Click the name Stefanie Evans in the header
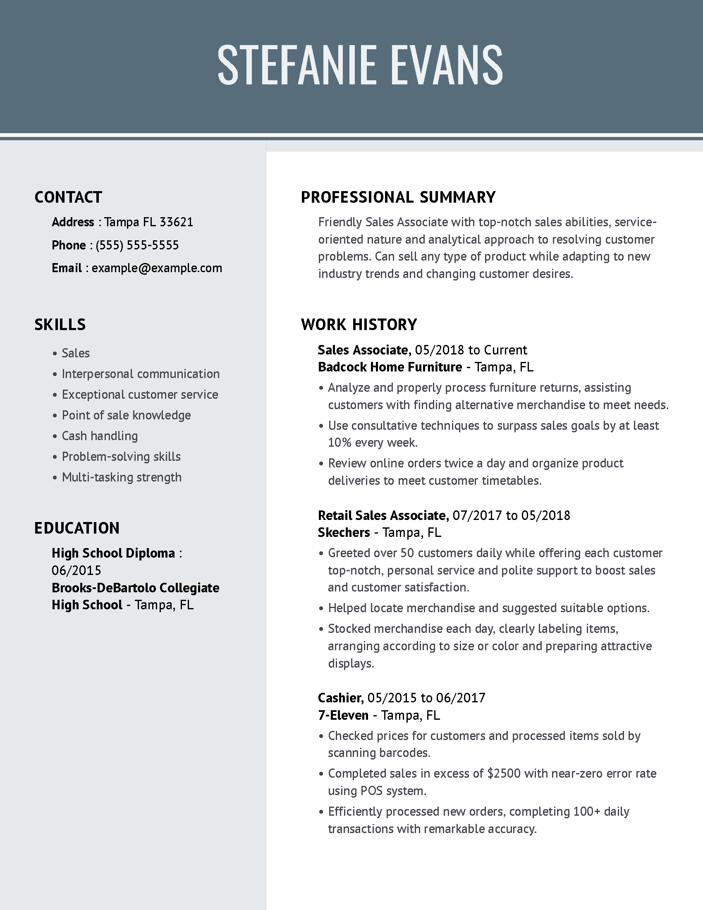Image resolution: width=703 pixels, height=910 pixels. coord(360,65)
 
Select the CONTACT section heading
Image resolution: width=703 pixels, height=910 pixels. coord(68,197)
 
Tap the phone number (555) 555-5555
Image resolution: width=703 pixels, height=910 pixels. coord(137,245)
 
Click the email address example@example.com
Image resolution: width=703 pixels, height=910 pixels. coord(157,268)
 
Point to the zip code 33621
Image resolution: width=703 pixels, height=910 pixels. coord(177,222)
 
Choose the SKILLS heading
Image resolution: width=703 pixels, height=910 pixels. coord(60,325)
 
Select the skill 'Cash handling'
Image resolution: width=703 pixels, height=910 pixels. coord(100,436)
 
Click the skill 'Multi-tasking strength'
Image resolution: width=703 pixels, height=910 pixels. coord(122,477)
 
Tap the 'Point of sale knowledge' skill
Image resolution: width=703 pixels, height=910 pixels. coord(126,415)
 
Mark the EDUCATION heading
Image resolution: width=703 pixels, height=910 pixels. coord(77,528)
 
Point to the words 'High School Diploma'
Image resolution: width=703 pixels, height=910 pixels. coord(113,553)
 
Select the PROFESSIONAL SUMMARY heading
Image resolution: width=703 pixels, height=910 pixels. coord(398,197)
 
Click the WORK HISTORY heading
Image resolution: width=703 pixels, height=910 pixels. coord(359,325)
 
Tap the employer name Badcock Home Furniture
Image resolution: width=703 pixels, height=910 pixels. coord(390,367)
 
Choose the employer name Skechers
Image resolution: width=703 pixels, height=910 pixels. coord(344,532)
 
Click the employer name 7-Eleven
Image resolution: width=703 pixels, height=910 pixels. coord(343,716)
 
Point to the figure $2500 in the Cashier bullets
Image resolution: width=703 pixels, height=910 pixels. coord(504,774)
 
